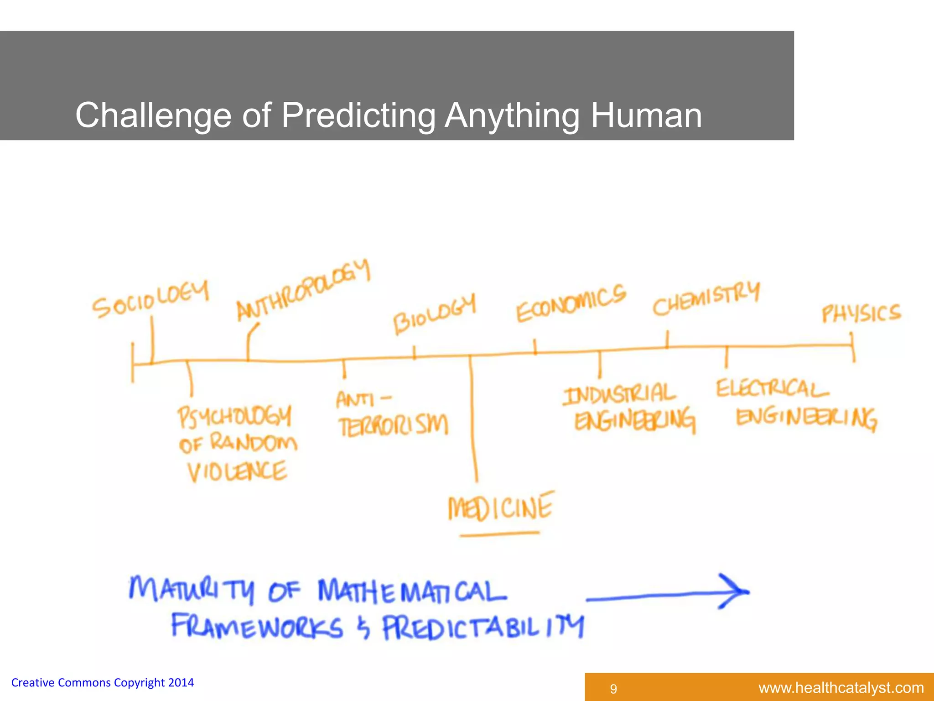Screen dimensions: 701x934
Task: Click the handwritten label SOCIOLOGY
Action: tap(150, 300)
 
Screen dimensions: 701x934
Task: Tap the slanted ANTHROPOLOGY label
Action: tap(303, 290)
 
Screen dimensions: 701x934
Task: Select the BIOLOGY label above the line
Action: tap(435, 314)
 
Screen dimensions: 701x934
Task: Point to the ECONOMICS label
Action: tap(571, 303)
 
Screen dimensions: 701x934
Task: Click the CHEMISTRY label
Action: tap(706, 299)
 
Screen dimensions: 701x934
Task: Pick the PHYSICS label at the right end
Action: tap(861, 314)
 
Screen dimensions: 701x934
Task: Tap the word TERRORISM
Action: tap(394, 425)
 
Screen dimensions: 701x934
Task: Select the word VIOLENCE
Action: tap(238, 471)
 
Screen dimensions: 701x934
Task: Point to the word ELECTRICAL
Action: tap(772, 389)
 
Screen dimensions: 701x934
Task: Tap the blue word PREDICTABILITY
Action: tap(483, 628)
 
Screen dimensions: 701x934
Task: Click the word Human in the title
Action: tap(646, 115)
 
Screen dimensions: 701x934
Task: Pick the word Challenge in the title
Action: tap(153, 115)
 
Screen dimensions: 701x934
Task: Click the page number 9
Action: tap(613, 689)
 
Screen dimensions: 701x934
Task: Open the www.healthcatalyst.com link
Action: tap(841, 688)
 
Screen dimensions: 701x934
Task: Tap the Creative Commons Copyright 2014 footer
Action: tap(103, 683)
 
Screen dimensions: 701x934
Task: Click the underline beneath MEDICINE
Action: tap(499, 534)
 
